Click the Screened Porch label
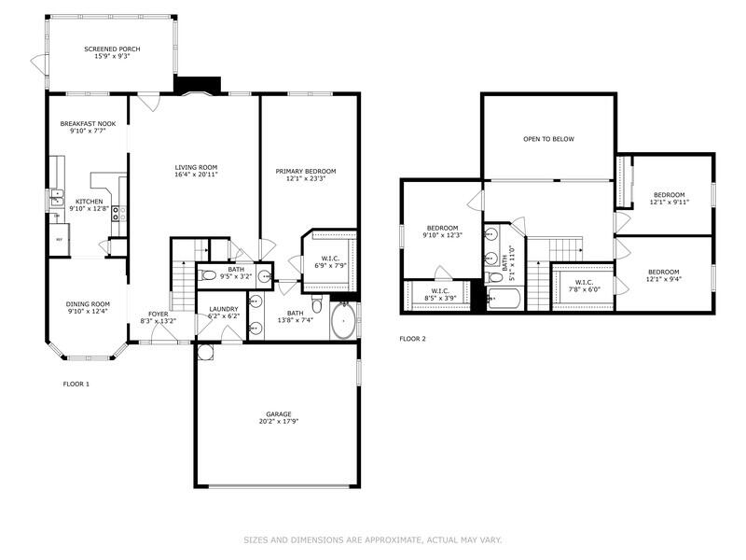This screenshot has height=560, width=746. (x=106, y=49)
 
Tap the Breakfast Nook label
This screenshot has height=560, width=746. (x=88, y=124)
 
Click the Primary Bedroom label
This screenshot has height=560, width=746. (x=305, y=171)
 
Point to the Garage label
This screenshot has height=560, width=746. (x=279, y=413)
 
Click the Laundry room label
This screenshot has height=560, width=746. (x=223, y=309)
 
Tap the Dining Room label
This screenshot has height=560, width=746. (x=88, y=303)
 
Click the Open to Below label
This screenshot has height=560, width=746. (x=548, y=139)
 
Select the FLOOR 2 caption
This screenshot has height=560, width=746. (x=412, y=339)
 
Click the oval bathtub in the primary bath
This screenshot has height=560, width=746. (x=344, y=321)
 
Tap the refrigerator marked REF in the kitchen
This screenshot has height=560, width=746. (x=60, y=240)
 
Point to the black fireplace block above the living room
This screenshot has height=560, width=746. (x=196, y=84)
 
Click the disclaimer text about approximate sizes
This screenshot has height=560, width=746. (x=372, y=539)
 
